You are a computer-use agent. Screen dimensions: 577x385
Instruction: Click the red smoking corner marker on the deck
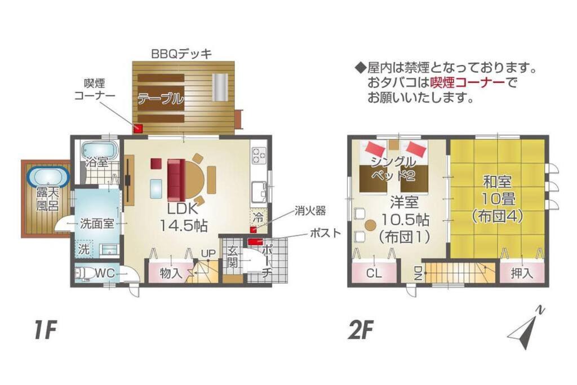pos(137,129)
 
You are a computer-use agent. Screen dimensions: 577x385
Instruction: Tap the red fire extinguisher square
pos(253,230)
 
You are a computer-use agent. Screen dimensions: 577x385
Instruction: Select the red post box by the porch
pos(255,242)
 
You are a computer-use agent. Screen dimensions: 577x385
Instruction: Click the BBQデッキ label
pos(182,54)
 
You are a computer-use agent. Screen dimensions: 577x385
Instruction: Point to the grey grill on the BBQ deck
pos(220,86)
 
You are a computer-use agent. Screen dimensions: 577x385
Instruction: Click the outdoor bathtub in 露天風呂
pos(48,176)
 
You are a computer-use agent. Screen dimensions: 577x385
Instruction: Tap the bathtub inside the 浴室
pos(99,151)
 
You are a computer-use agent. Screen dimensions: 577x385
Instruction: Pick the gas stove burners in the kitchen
pos(259,156)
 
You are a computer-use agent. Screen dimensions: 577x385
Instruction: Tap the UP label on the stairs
pos(208,254)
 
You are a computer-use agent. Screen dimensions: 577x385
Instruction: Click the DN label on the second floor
pos(417,273)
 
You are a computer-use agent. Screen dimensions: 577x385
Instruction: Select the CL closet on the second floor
pos(374,273)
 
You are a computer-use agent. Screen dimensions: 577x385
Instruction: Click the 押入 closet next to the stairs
pos(522,273)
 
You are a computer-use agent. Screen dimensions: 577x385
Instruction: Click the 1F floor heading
pos(46,330)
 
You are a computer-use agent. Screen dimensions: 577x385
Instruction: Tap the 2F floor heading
pos(361,330)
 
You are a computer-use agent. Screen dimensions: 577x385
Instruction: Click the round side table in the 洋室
pos(371,224)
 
